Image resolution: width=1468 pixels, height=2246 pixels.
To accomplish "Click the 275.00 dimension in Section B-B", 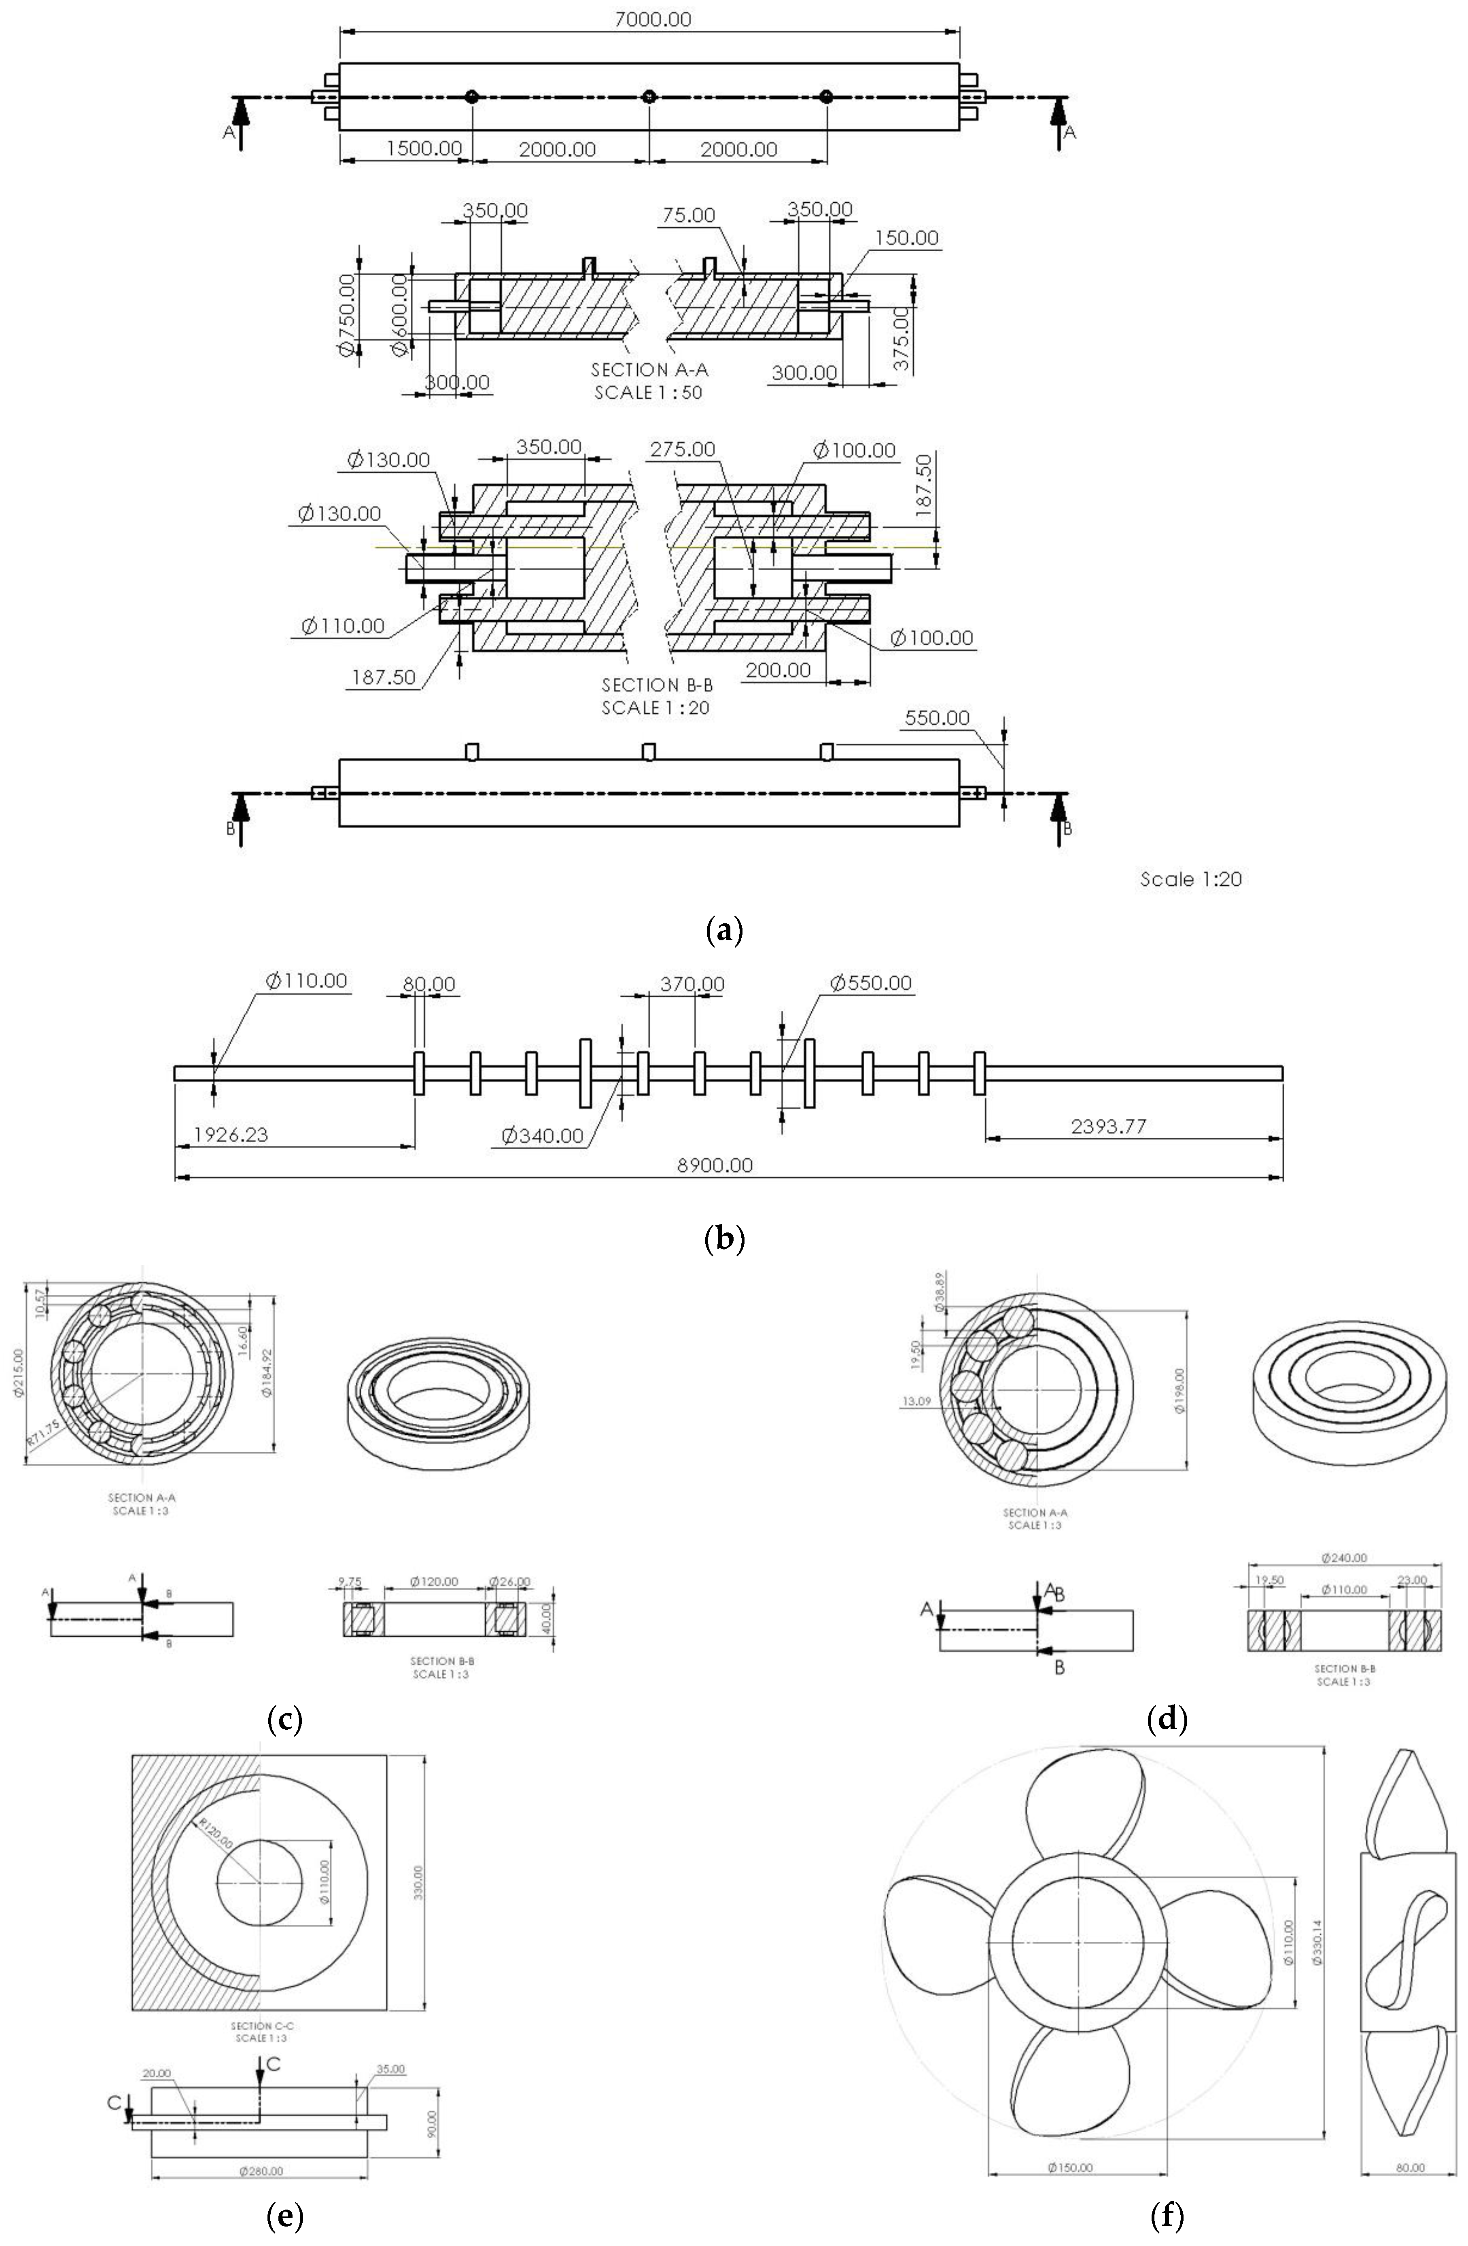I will (682, 449).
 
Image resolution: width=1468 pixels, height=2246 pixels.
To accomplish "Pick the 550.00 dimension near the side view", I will (937, 718).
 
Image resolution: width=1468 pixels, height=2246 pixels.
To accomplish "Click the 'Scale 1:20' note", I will (1191, 880).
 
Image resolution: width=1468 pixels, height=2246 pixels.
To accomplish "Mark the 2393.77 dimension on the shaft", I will (1109, 1126).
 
